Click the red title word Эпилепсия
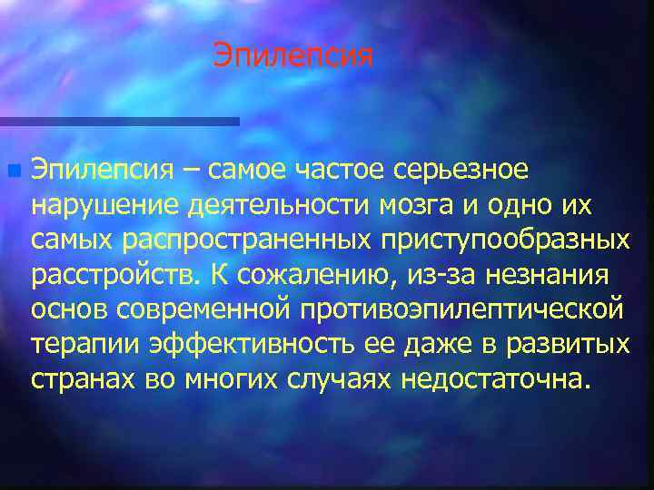(293, 56)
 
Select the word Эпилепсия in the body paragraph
(101, 170)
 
